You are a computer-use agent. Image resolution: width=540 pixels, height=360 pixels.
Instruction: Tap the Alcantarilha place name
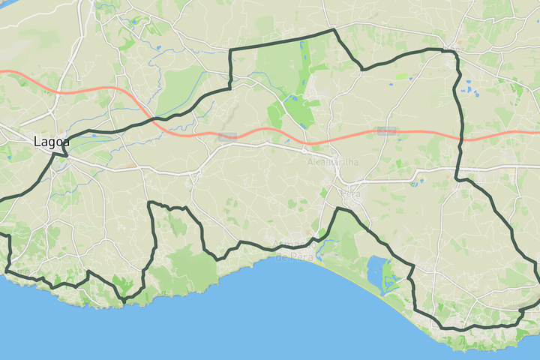click(332, 161)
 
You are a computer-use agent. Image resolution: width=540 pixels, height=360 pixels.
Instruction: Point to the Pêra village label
click(351, 194)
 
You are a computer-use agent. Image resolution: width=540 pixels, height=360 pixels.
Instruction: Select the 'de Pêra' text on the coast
click(293, 257)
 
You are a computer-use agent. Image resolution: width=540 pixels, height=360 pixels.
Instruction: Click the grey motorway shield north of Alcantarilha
click(386, 130)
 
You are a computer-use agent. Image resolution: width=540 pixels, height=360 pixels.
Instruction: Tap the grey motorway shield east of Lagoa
click(227, 136)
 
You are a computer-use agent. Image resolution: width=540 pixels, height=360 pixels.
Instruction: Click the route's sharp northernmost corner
click(333, 31)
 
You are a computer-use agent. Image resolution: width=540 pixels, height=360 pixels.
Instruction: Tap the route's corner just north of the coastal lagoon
click(412, 265)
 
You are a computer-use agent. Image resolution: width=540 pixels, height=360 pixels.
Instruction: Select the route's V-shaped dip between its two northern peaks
click(363, 69)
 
